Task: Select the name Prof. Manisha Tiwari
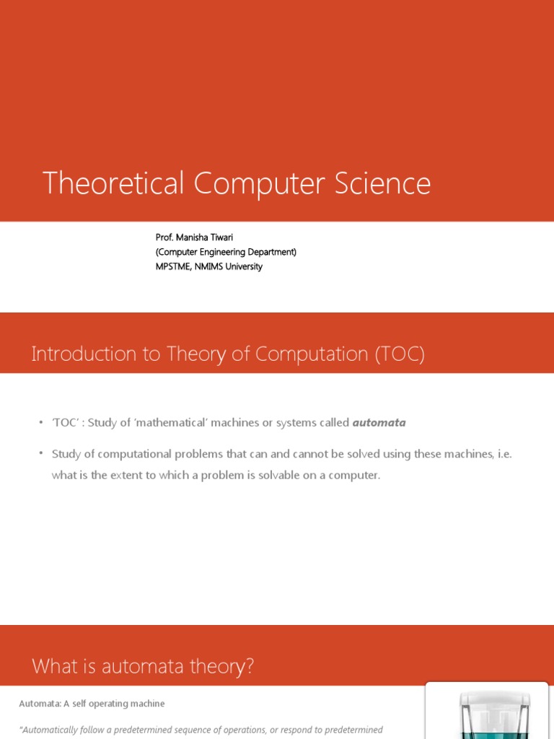[x=194, y=237]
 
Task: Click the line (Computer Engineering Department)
[x=226, y=252]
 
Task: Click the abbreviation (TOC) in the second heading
[x=400, y=354]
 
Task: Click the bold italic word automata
[x=379, y=423]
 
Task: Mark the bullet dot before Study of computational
[x=41, y=453]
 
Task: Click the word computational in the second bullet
[x=146, y=454]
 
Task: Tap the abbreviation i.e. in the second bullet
[x=504, y=454]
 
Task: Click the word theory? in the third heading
[x=221, y=667]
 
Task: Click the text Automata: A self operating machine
[x=92, y=704]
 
